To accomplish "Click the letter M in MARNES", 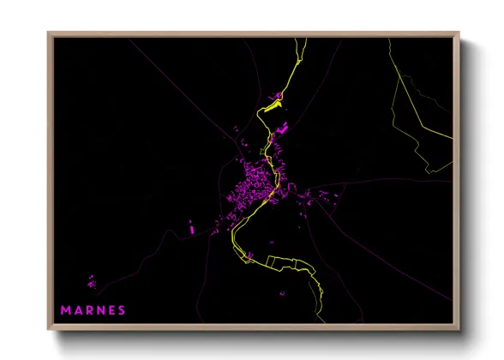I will (64, 309).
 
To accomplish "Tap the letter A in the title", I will (77, 309).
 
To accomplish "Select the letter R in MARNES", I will (89, 309).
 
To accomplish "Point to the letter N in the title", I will (100, 309).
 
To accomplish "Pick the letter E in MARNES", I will (111, 309).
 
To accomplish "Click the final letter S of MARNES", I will (122, 309).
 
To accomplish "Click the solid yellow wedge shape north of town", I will (273, 105).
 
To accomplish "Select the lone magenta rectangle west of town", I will (191, 227).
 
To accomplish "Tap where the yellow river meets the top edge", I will (302, 39).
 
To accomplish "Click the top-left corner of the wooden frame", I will (49, 33).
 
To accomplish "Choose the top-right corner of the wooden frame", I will (459, 33).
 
